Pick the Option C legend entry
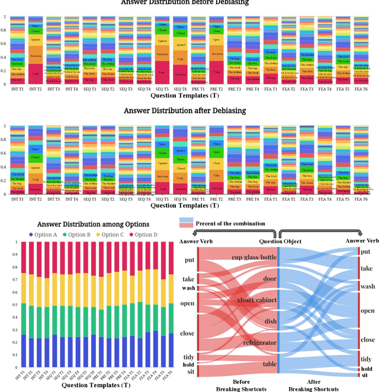pos(117,235)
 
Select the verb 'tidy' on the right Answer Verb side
pos(367,359)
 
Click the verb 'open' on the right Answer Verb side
pos(368,310)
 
